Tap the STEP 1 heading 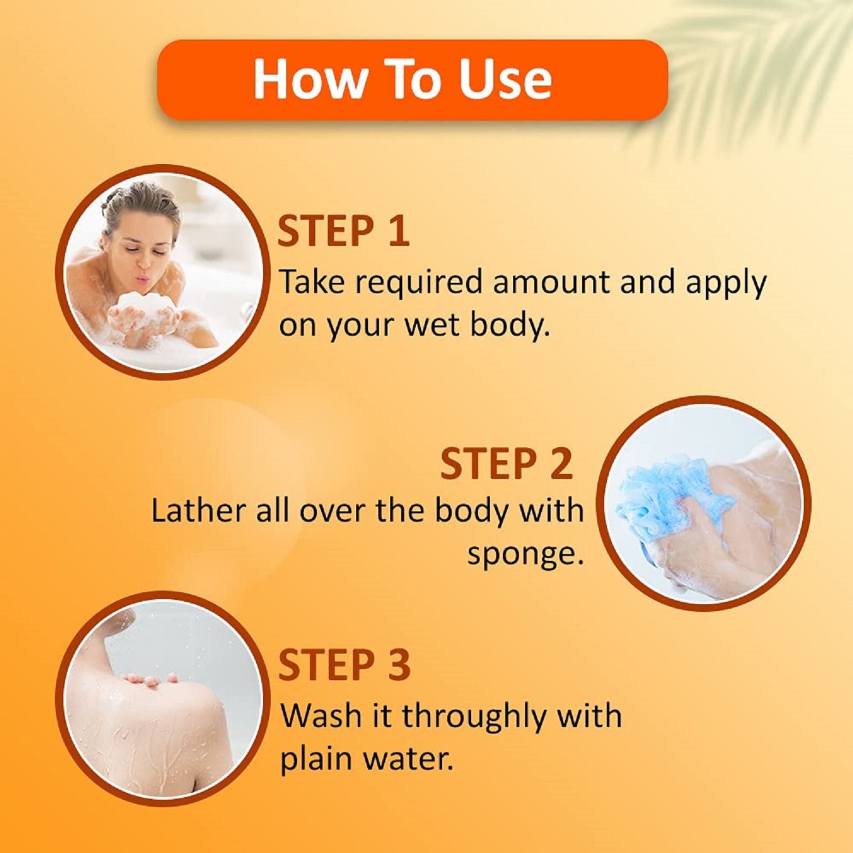pyautogui.click(x=343, y=231)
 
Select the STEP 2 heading pyautogui.click(x=507, y=464)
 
